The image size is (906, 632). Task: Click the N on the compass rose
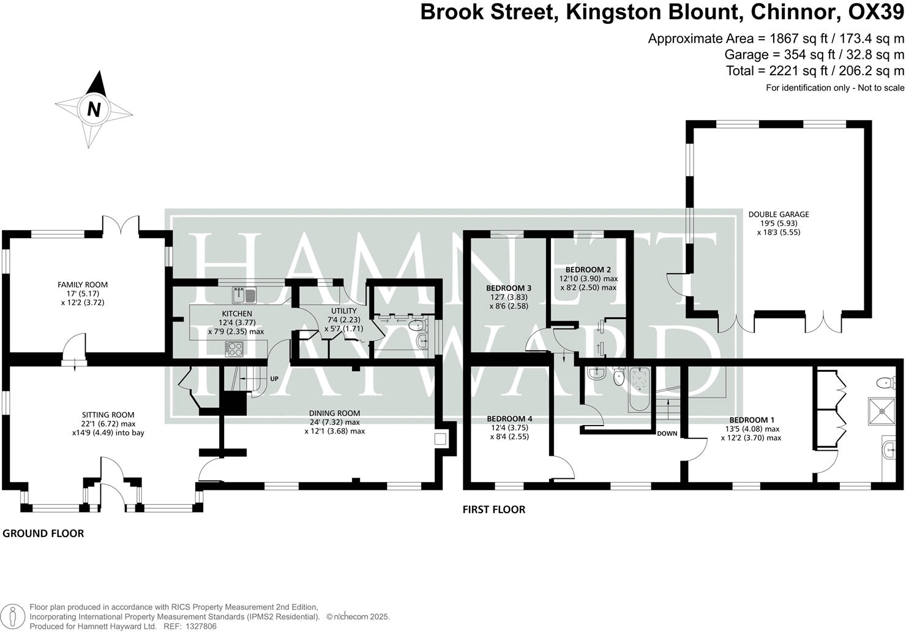(x=94, y=109)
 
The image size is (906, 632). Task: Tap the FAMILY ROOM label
(x=83, y=284)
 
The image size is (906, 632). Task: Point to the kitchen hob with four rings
(x=234, y=349)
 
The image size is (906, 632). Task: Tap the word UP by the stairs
(x=274, y=379)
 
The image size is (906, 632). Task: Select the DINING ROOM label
(x=334, y=413)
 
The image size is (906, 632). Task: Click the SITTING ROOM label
(x=108, y=415)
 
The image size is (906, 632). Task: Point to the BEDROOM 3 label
(x=508, y=288)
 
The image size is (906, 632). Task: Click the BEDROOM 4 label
(x=509, y=419)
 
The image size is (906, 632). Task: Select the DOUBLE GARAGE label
(x=779, y=214)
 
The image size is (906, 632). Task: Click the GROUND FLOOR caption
(x=43, y=533)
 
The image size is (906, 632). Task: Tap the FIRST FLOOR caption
(x=493, y=510)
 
